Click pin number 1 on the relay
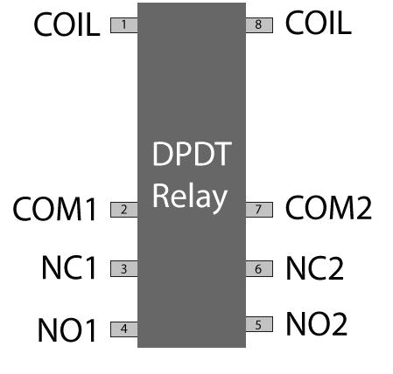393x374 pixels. coord(123,25)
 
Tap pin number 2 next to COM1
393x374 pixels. coord(123,210)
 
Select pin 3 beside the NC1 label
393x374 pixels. coord(123,269)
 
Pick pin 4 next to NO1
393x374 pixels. coord(123,329)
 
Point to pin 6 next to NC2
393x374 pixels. coord(258,269)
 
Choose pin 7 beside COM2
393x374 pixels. coord(258,210)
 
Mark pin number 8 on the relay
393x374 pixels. coord(258,25)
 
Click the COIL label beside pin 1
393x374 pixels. coord(67,25)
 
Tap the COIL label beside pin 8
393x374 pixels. coord(319,23)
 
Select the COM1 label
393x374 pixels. coord(54,210)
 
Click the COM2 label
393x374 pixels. coord(329,208)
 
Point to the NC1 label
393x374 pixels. coord(68,269)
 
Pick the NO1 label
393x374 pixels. coord(67,330)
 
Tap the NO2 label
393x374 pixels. coord(317,324)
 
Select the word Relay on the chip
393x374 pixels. coord(190,196)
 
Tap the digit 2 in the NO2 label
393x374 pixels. coord(338,324)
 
